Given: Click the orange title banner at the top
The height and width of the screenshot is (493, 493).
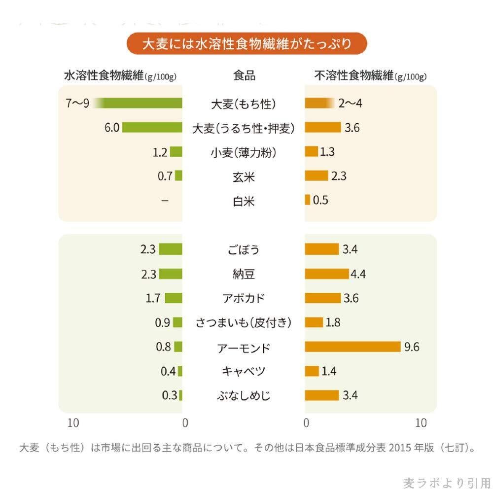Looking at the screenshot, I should pos(246,44).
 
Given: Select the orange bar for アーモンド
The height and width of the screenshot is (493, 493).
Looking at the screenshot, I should pos(352,347).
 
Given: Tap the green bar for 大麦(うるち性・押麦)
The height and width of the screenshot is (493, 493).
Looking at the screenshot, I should pos(152,128).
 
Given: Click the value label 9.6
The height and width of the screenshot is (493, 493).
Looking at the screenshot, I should pos(411,347).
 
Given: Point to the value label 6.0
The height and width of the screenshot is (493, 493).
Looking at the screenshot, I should pos(112,128).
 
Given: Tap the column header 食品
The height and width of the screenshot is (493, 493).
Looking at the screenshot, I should pos(244,76).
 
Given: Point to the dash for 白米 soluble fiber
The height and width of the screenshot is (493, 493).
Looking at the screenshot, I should pos(164,201).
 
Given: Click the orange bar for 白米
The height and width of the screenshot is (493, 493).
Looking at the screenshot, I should pos(308,200).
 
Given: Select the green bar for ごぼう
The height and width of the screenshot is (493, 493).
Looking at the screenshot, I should pos(171,249).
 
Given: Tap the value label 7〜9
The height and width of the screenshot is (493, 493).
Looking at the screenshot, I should pos(77,104).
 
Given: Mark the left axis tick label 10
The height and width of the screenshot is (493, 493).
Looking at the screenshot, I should pos(73,423).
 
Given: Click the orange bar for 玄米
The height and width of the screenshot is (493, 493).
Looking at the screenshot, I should pos(317,176).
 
